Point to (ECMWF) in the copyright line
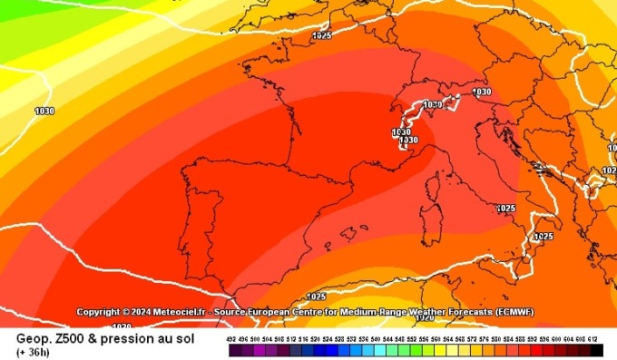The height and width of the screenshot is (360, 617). pyautogui.click(x=513, y=312)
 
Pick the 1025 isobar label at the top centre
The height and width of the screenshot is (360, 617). pyautogui.click(x=321, y=36)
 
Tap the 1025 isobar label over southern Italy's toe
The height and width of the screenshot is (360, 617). pyautogui.click(x=543, y=237)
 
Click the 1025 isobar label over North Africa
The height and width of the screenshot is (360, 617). pyautogui.click(x=316, y=297)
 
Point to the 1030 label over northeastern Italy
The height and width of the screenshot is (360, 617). pyautogui.click(x=482, y=92)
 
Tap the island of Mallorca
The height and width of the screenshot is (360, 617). pyautogui.click(x=348, y=232)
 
